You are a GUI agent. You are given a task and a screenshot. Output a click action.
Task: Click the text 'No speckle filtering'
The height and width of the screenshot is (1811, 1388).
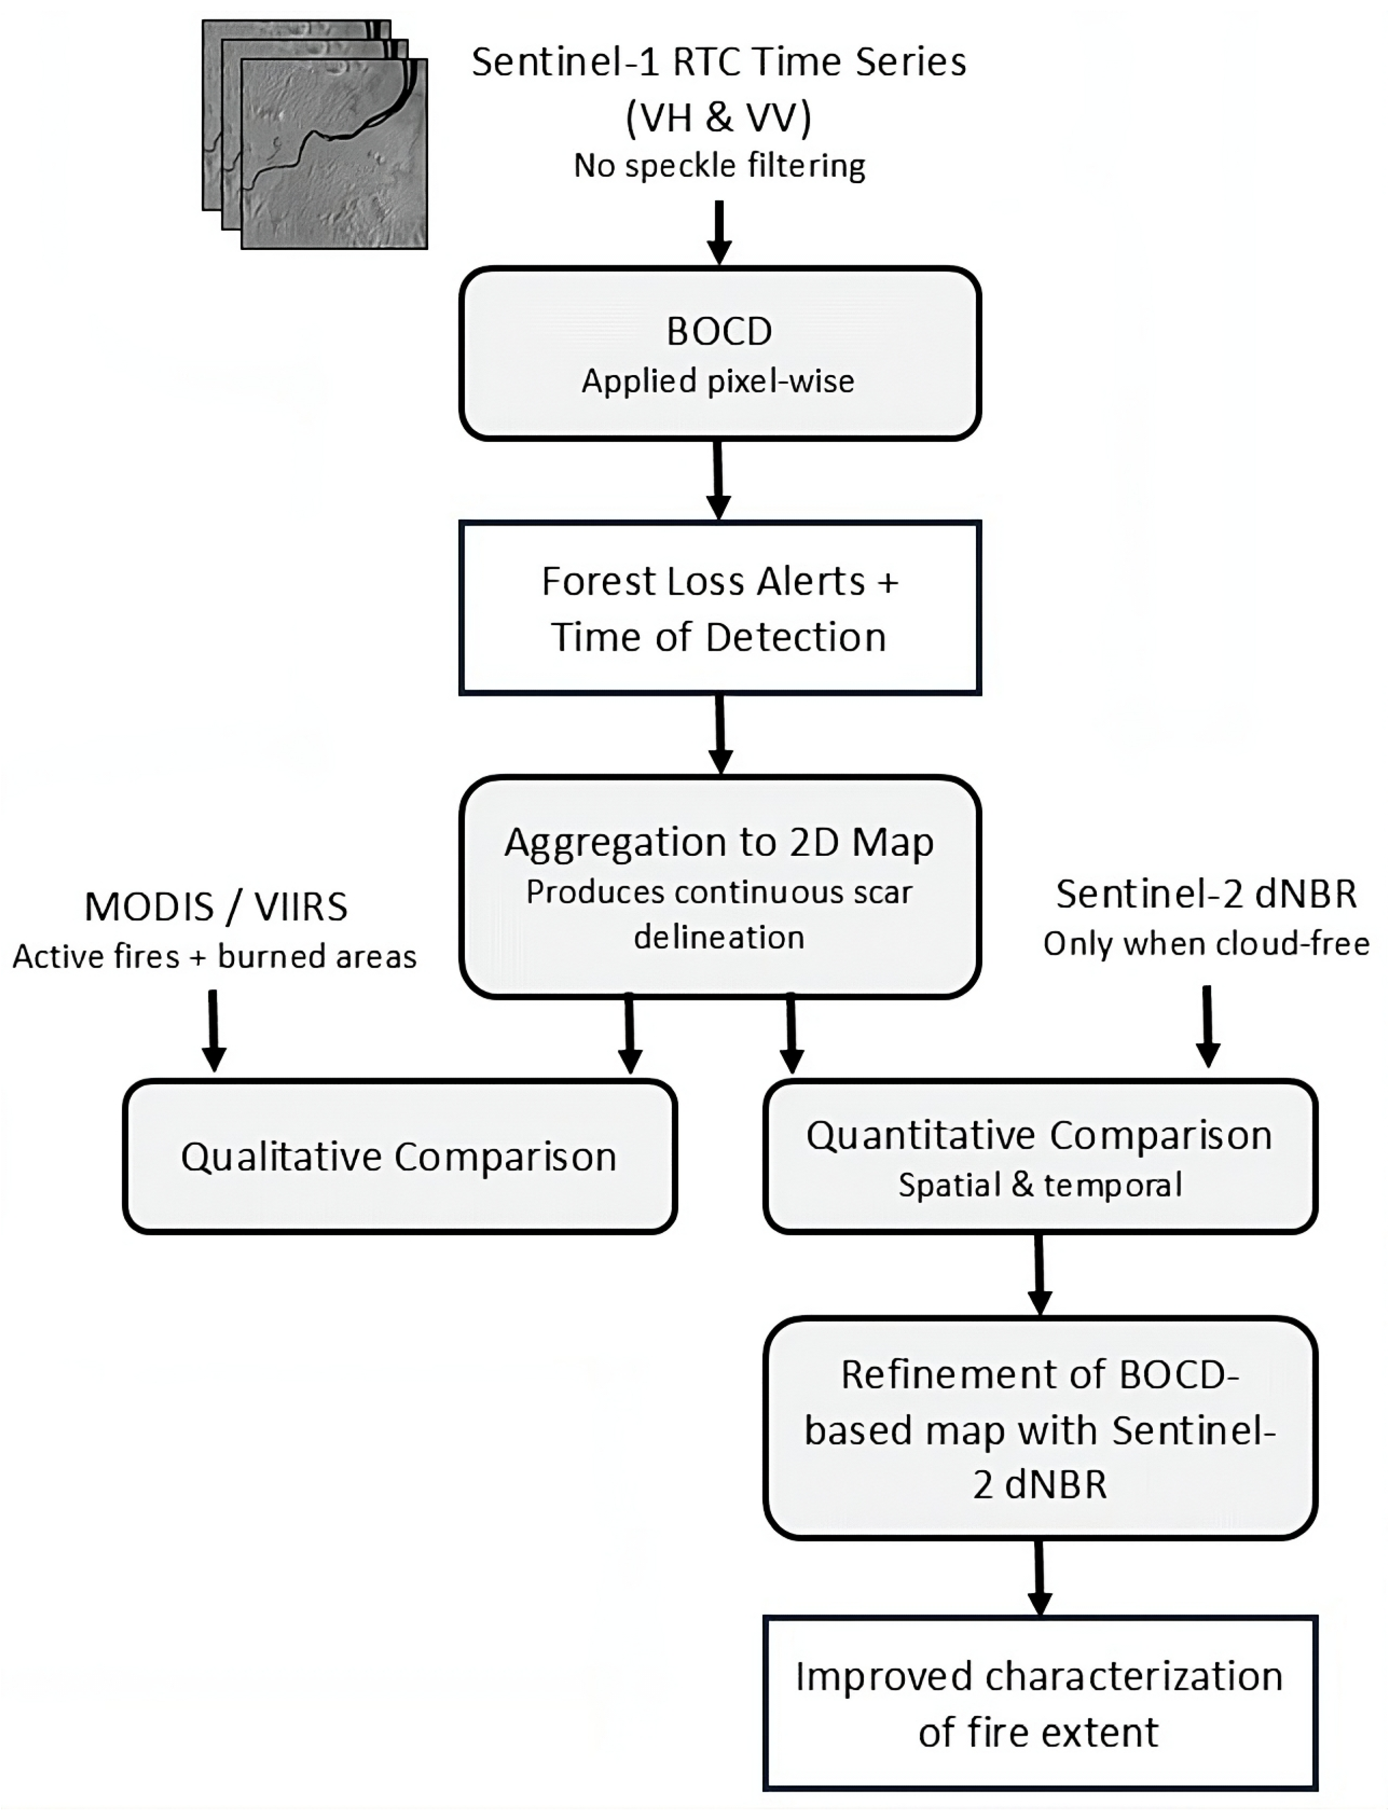click(719, 166)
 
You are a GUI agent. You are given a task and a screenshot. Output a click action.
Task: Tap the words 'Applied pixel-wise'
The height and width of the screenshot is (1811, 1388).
click(718, 381)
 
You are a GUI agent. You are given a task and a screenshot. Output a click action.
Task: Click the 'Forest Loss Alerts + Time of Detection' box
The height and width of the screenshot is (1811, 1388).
click(719, 608)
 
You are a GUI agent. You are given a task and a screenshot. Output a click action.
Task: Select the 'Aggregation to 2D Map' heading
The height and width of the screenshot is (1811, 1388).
click(719, 842)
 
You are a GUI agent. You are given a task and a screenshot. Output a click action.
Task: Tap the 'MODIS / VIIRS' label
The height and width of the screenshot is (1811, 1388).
click(215, 907)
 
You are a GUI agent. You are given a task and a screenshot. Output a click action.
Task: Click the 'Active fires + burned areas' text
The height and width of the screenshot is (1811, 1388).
click(214, 956)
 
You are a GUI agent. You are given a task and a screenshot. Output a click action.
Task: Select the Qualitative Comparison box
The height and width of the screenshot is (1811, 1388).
click(400, 1156)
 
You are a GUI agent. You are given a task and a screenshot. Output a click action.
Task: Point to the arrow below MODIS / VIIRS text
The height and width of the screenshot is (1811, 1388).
click(214, 1031)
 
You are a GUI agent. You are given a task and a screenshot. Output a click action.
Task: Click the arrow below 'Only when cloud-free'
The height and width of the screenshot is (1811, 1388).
click(1207, 1026)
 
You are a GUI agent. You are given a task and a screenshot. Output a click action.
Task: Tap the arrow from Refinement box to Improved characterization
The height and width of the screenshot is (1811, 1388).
click(1040, 1578)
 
